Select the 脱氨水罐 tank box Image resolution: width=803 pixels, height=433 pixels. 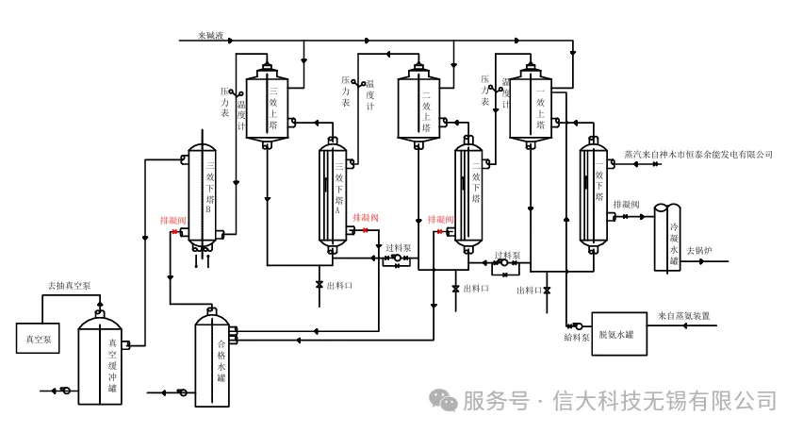pyautogui.click(x=617, y=334)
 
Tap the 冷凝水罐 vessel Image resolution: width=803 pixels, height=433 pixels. pyautogui.click(x=668, y=237)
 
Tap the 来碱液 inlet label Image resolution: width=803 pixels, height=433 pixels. pyautogui.click(x=210, y=37)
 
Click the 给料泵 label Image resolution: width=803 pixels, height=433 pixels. pyautogui.click(x=575, y=336)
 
